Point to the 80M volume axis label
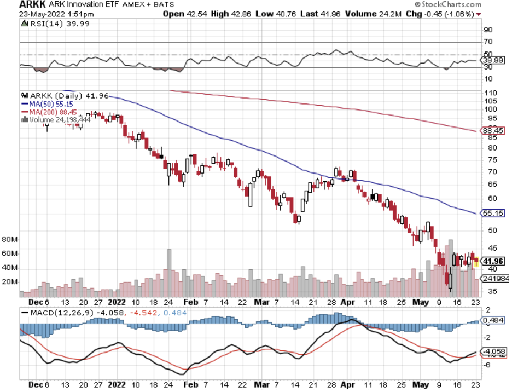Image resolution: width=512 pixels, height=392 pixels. click(10, 239)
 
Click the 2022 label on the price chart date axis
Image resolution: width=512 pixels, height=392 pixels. click(117, 301)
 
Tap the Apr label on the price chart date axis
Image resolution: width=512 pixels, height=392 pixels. click(347, 301)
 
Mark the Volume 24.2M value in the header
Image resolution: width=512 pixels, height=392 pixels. click(401, 14)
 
